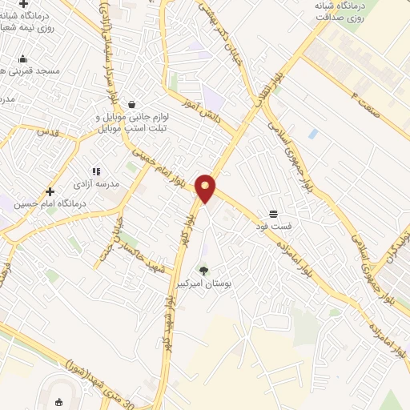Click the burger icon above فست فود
point(274,214)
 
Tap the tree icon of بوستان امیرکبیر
point(203,271)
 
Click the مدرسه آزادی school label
point(95,183)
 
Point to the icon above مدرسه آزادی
point(96,171)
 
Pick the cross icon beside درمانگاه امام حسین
point(50,191)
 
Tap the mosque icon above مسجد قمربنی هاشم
point(22,58)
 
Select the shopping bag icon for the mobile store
point(131,104)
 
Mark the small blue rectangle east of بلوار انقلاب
point(312,135)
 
